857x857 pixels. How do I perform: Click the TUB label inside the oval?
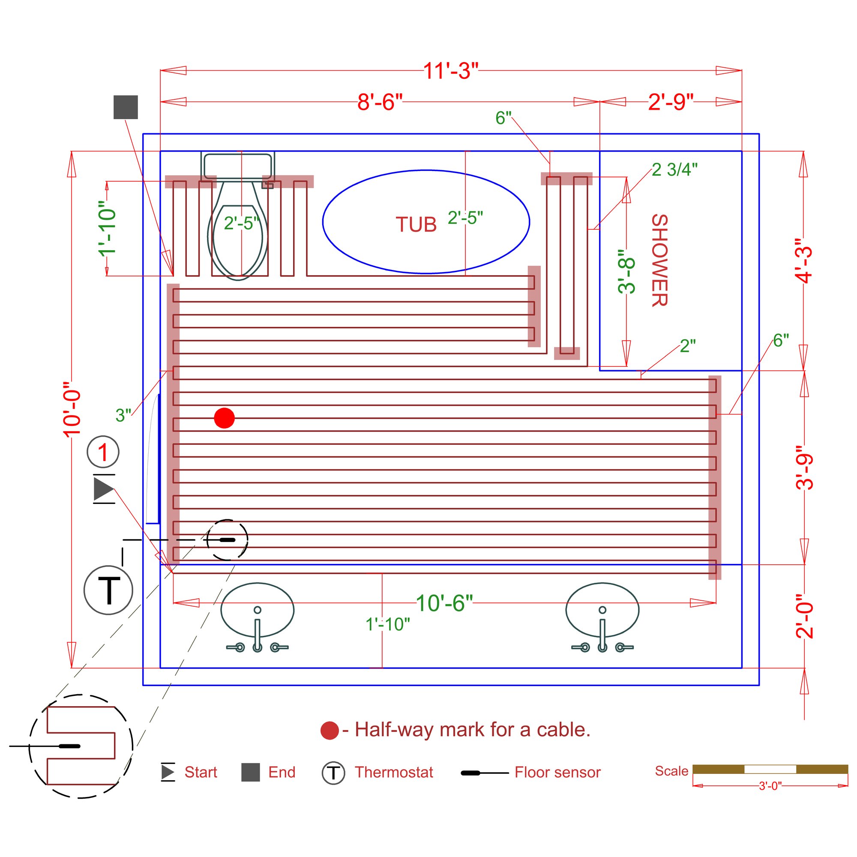pos(416,225)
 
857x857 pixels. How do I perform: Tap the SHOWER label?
pos(659,261)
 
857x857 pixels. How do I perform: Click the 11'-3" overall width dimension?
pos(451,71)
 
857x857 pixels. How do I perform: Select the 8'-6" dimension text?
pos(380,102)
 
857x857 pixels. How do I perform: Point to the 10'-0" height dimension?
pos(72,409)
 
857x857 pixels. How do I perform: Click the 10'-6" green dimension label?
pos(444,603)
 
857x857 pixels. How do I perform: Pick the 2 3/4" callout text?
pos(674,169)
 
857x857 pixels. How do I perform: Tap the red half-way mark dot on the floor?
pos(225,418)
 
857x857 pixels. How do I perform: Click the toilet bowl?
pos(238,240)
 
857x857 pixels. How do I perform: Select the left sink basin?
pos(257,610)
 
